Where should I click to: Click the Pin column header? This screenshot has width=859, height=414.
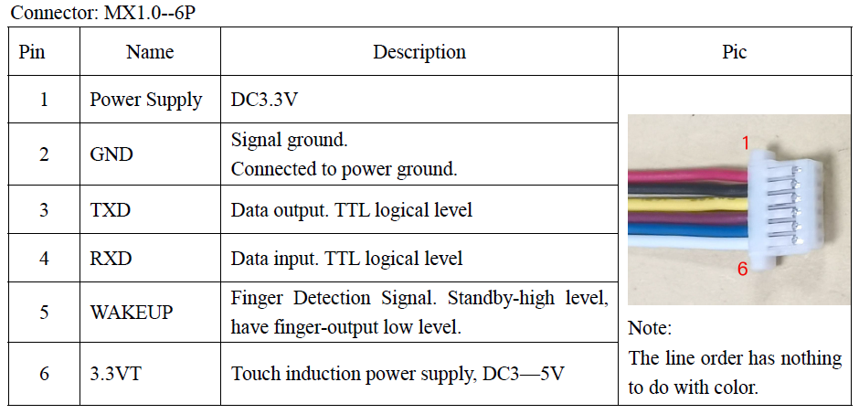32,52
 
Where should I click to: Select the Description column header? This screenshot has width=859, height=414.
419,52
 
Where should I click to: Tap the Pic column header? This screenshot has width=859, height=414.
734,52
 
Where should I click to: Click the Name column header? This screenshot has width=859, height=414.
150,52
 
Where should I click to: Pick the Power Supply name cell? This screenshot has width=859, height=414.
146,100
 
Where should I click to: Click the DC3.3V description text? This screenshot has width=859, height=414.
264,100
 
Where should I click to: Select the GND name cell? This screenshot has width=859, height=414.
111,154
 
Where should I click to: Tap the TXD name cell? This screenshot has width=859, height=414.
111,210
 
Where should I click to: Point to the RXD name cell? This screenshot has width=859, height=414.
111,259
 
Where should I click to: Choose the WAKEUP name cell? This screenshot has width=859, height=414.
132,313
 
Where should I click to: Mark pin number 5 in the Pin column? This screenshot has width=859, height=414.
44,313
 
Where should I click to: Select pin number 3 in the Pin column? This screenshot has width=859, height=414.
44,210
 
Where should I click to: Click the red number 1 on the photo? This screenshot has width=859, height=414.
745,143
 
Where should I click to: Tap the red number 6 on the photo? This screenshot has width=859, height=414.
742,269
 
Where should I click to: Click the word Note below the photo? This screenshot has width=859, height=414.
650,328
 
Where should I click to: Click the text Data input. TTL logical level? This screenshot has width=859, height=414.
346,259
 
